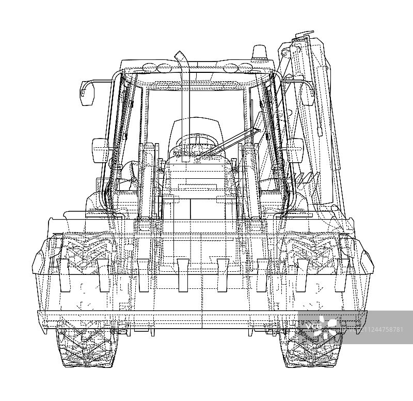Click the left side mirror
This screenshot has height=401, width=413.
86,93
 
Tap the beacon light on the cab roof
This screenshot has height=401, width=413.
260,52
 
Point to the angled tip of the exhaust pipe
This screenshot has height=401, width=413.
179,56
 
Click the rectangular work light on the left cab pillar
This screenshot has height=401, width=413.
100,150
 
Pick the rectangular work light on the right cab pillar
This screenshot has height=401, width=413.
295,150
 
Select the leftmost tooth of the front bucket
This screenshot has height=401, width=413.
63,275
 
